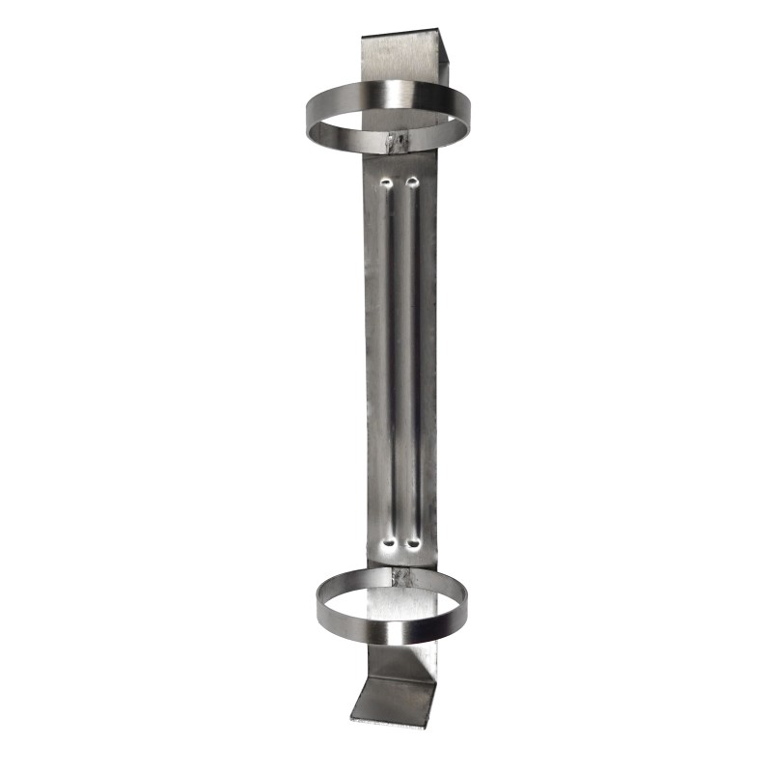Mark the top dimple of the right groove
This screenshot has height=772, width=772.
pos(413,181)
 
